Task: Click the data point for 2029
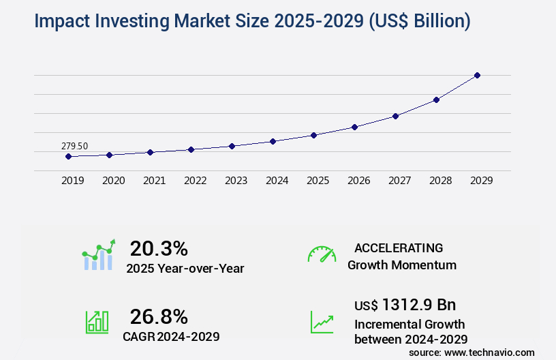pos(477,75)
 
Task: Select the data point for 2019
pos(68,156)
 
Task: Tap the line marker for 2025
pos(313,135)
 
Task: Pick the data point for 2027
pos(395,116)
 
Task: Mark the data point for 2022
pos(191,149)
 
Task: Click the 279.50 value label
pos(74,146)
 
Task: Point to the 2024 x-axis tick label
pos(277,181)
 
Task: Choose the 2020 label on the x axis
pos(113,181)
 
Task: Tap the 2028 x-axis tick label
pos(440,181)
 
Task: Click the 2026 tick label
pos(358,181)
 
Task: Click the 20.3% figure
pos(159,248)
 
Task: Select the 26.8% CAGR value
pos(159,316)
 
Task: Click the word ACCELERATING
pos(399,248)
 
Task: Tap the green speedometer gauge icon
pos(322,254)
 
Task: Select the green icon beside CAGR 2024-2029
pos(97,322)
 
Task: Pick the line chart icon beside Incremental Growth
pos(322,322)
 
